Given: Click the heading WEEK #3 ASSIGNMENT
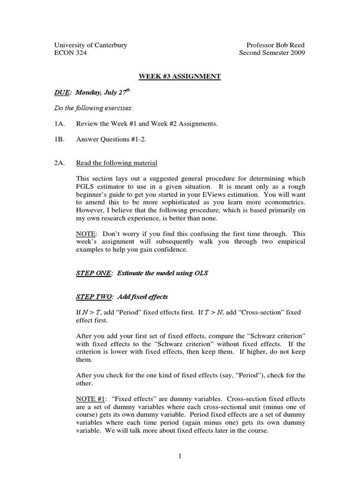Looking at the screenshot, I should [x=180, y=76].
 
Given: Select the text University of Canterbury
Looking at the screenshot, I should [x=91, y=45].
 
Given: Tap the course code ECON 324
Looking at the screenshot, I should [x=71, y=53].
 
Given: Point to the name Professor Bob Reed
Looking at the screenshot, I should [x=276, y=45].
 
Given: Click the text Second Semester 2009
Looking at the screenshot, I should [x=272, y=53].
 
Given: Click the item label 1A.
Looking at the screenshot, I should [x=60, y=124].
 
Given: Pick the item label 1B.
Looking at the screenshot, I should [x=60, y=139].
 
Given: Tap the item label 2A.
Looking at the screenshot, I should [x=60, y=163].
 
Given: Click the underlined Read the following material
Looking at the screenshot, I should [x=116, y=163].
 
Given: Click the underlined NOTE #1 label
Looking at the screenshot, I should [x=90, y=399].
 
